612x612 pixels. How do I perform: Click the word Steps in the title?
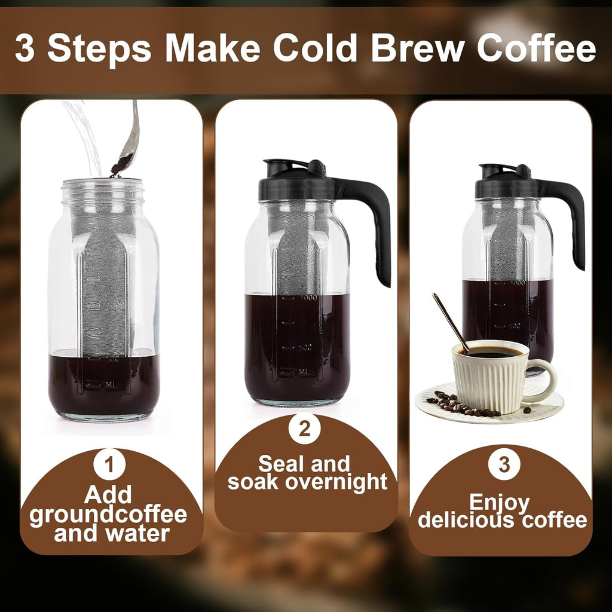click(x=99, y=49)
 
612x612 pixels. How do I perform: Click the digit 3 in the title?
click(x=25, y=49)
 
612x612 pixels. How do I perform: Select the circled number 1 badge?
click(x=111, y=467)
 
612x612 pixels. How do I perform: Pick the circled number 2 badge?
click(x=304, y=430)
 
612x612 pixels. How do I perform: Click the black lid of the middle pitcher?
click(x=296, y=179)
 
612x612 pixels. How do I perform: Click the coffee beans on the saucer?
click(x=460, y=405)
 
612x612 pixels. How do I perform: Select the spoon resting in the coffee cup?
click(x=449, y=320)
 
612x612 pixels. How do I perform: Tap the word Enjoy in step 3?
click(x=500, y=502)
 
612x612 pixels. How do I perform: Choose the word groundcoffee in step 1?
click(x=108, y=514)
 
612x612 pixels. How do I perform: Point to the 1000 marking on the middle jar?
click(x=308, y=298)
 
